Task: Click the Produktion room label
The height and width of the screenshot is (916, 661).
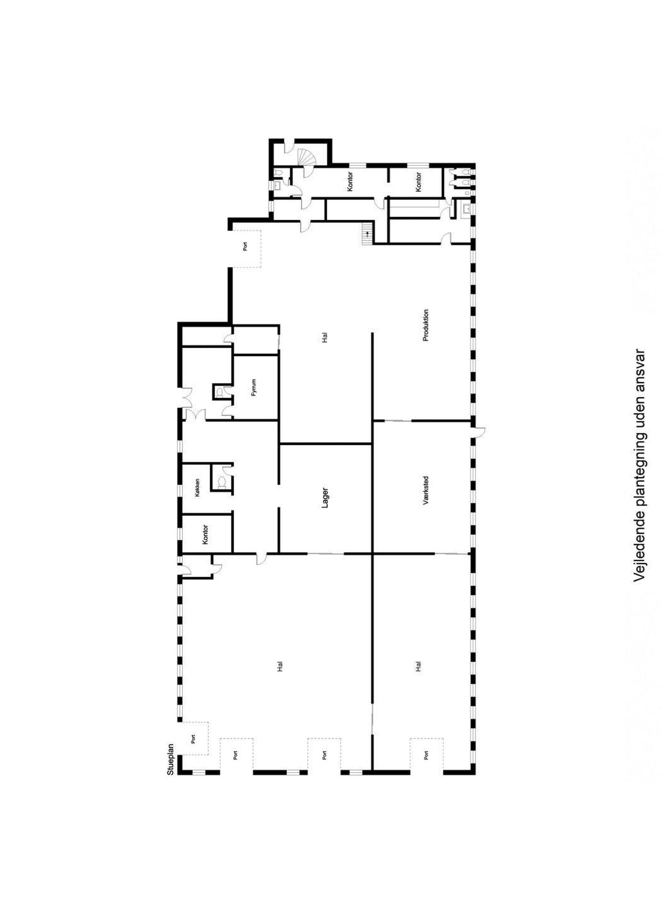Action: click(x=426, y=325)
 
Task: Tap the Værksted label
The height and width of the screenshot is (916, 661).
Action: click(x=426, y=491)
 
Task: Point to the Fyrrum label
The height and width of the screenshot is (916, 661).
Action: click(x=254, y=387)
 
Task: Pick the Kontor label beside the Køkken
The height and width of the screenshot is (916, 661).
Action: click(x=205, y=534)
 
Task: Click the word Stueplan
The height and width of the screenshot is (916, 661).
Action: click(x=171, y=760)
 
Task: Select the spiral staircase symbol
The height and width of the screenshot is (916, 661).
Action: click(x=306, y=162)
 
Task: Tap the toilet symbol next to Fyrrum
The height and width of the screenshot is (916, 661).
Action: click(x=219, y=391)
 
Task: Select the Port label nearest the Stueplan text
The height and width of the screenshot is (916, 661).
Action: click(x=193, y=738)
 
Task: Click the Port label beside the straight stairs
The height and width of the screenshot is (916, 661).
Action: click(x=245, y=246)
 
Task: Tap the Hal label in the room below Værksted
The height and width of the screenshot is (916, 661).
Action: click(x=418, y=666)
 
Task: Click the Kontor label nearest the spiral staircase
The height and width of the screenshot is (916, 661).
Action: click(x=350, y=181)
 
